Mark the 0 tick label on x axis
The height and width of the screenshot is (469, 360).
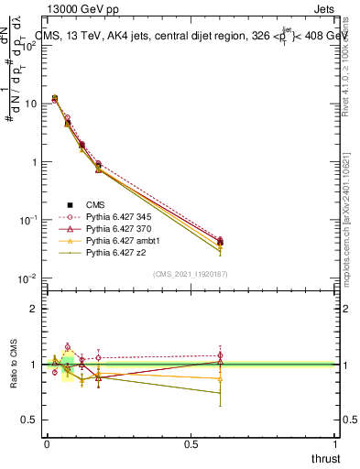point(46,443)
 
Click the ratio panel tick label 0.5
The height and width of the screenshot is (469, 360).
point(28,420)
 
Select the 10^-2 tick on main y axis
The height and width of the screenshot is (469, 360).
point(27,278)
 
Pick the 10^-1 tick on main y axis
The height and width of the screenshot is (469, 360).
point(27,220)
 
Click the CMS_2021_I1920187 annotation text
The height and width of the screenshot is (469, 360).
point(190,273)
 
